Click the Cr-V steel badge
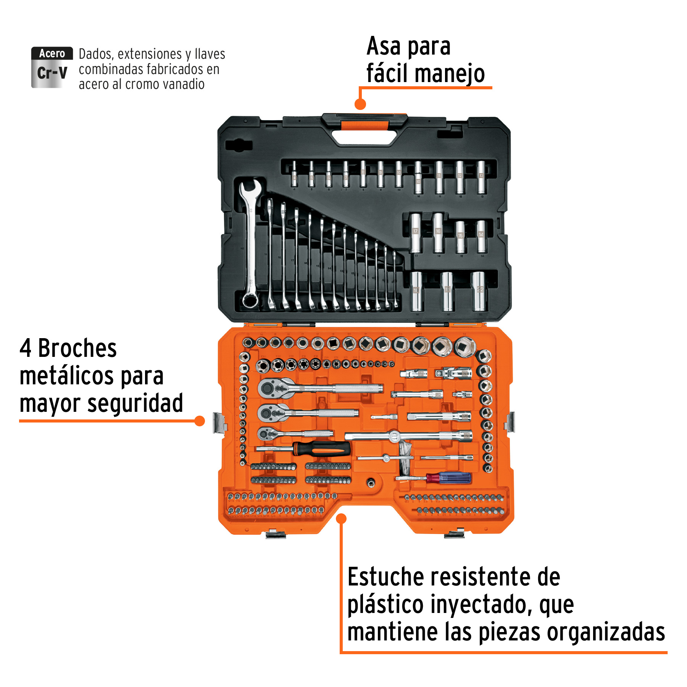(x=52, y=68)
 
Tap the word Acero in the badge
(x=52, y=53)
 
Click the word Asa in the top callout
(x=384, y=47)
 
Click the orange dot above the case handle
(x=360, y=104)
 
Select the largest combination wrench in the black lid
(x=250, y=244)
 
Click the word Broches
(x=77, y=348)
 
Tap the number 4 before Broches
(x=26, y=348)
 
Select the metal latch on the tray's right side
(x=510, y=422)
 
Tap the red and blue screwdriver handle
(x=449, y=478)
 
